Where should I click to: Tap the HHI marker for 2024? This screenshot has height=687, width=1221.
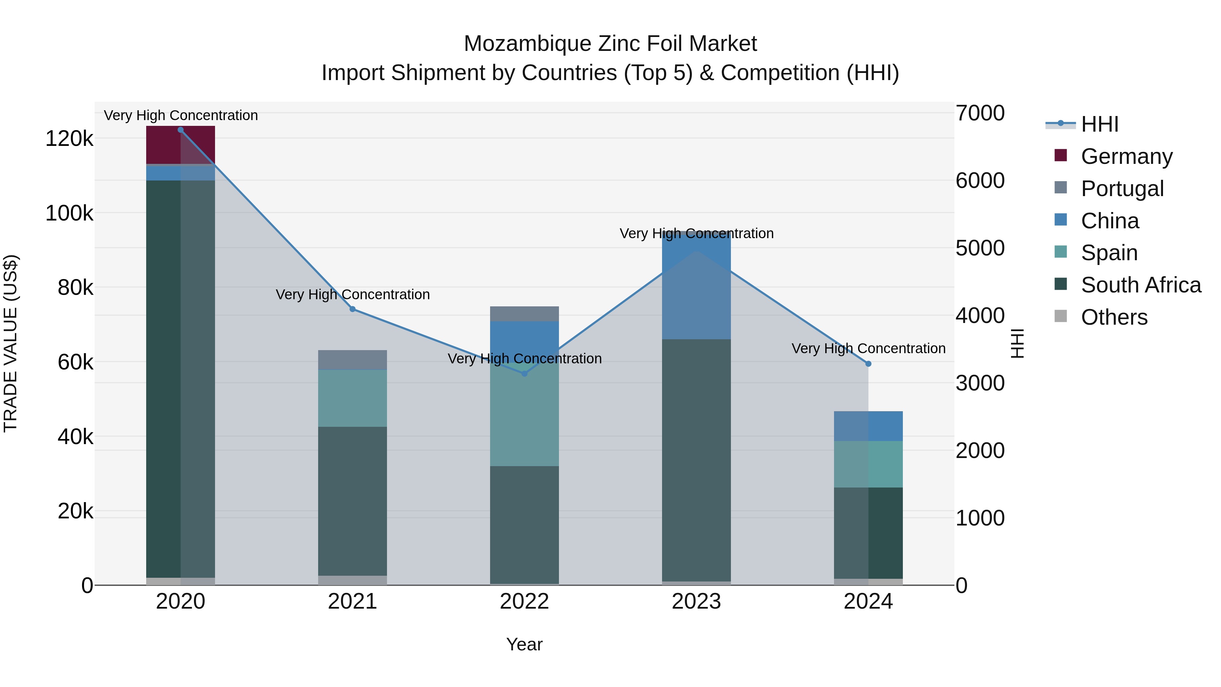pyautogui.click(x=868, y=364)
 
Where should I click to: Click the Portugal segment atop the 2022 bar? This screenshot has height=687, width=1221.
pyautogui.click(x=524, y=313)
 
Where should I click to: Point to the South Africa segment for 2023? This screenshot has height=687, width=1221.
pyautogui.click(x=696, y=460)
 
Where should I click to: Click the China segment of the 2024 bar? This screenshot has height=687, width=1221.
pyautogui.click(x=868, y=426)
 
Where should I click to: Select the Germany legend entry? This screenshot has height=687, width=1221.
pyautogui.click(x=1126, y=156)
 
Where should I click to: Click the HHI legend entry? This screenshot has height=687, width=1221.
pyautogui.click(x=1099, y=124)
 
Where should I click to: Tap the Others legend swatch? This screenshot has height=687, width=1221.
pyautogui.click(x=1060, y=316)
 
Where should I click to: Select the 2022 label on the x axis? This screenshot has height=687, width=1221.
pyautogui.click(x=524, y=602)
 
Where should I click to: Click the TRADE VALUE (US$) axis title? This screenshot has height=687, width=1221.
pyautogui.click(x=11, y=343)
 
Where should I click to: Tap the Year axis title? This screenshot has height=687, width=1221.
pyautogui.click(x=524, y=644)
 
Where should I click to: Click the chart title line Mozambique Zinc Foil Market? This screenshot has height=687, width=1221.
pyautogui.click(x=610, y=44)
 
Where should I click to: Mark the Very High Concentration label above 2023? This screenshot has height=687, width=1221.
pyautogui.click(x=696, y=233)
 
